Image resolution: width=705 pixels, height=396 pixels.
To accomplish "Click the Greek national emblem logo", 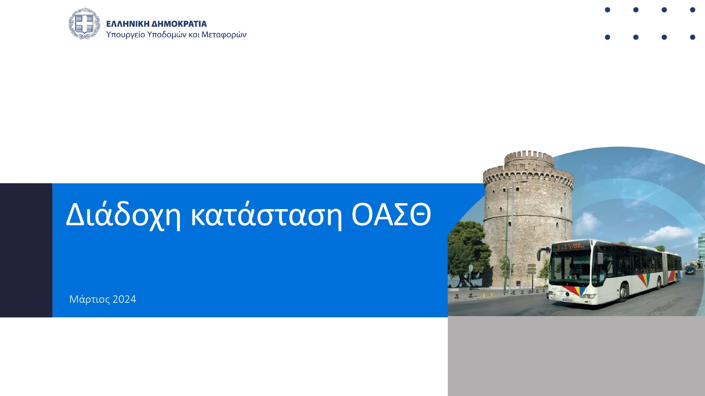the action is [84, 24].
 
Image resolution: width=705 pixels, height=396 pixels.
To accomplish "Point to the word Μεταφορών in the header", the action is [224, 34].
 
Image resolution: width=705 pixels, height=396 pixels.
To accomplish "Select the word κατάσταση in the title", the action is [266, 215].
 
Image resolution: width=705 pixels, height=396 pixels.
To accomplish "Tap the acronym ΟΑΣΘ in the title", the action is [391, 214].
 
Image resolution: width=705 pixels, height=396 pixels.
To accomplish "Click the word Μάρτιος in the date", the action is [90, 299].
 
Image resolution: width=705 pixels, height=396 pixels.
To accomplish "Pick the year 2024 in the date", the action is [124, 299].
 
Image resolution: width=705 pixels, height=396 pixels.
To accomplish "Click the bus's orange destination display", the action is [571, 246].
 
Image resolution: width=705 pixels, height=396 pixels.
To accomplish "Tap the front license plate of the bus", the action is [568, 300].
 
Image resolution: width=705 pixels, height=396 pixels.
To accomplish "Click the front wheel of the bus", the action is [623, 292].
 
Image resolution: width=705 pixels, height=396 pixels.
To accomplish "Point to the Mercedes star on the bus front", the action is [567, 294].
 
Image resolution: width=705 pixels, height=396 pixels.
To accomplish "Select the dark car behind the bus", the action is [690, 270].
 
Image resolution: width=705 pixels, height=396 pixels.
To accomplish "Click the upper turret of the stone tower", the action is [529, 158].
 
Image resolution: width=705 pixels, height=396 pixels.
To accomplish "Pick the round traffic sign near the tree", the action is [470, 269].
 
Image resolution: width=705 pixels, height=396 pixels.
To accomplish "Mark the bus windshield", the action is [570, 266].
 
